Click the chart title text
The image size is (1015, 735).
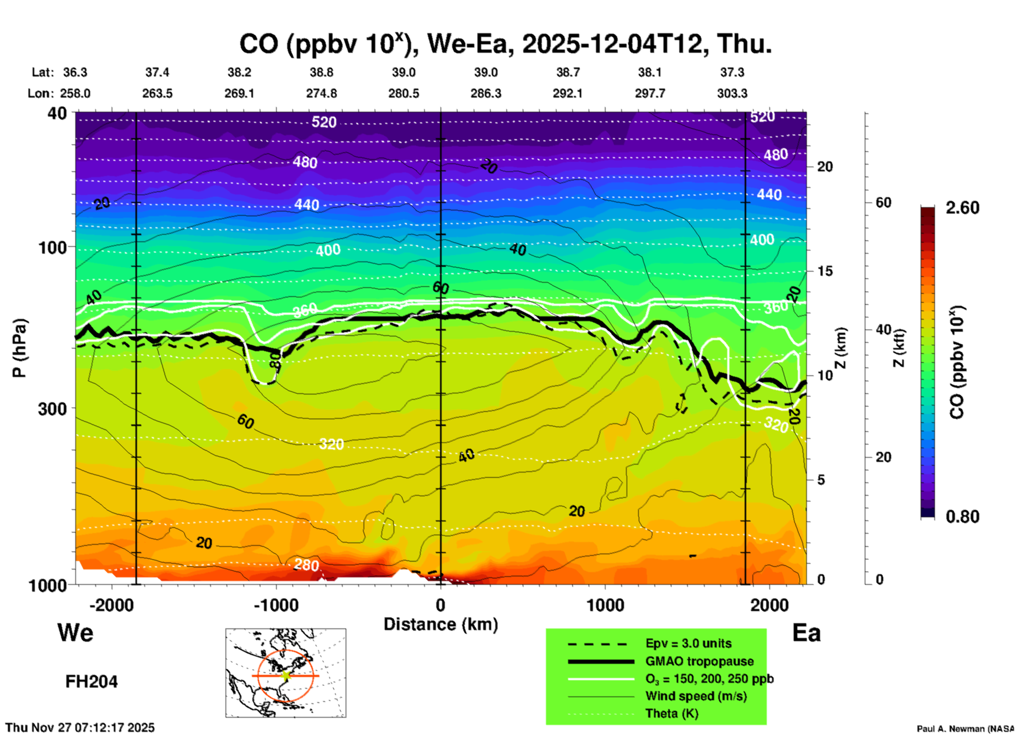coord(505,44)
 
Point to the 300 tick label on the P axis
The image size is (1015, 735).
coord(53,408)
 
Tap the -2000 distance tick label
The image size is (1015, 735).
coord(111,605)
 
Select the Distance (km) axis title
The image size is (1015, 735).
coord(441,624)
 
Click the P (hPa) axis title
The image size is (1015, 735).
coord(19,348)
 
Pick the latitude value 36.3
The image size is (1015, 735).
coord(75,72)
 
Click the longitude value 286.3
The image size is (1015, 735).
coord(485,93)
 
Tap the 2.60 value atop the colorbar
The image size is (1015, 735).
coord(962,208)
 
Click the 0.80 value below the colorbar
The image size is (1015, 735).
coord(962,517)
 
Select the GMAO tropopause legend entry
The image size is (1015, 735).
coord(699,661)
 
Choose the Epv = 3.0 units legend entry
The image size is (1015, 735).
coord(688,643)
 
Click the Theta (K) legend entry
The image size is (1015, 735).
coord(671,713)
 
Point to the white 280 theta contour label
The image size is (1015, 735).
coord(306,565)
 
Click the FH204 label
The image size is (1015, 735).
coord(91,682)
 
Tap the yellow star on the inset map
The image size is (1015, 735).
coord(286,675)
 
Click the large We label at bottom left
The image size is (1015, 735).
coord(75,632)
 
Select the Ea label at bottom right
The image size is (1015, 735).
coord(806,633)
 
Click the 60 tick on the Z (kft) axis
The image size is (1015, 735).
coord(883,202)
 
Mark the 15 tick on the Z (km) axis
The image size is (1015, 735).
coord(825,271)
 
